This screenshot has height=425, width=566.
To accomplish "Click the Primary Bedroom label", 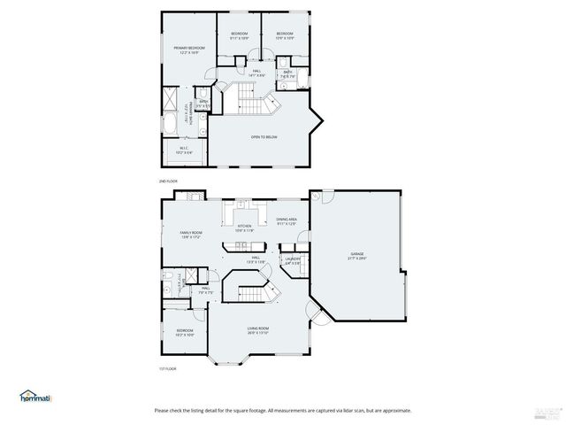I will (189, 47).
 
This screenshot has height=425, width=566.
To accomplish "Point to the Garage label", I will (356, 253).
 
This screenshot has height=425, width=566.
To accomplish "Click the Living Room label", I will (257, 328).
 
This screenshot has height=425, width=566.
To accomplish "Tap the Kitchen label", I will (244, 226).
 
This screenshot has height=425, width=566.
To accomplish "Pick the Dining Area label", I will (286, 219).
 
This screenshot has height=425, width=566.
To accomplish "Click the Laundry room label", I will (293, 258).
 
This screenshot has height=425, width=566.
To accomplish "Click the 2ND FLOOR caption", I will (168, 181).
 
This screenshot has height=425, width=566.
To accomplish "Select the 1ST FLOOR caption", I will (168, 368).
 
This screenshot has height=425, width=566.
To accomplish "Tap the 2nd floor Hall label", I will (256, 71).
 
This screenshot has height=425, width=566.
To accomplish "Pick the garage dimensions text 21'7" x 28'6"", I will (356, 259).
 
